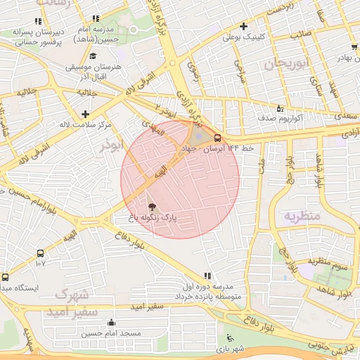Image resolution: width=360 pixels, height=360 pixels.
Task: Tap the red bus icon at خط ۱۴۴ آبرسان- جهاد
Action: [x=219, y=138]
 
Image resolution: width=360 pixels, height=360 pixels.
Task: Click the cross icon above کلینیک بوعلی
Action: [x=243, y=26]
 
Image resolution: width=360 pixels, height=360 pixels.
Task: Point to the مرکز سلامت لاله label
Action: [x=86, y=124]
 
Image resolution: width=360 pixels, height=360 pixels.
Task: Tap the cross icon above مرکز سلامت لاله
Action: [x=86, y=113]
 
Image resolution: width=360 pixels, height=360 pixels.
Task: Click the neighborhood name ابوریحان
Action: [x=286, y=65]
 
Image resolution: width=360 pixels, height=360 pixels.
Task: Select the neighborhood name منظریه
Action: [x=302, y=215]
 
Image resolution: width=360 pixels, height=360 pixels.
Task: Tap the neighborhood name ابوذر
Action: [x=111, y=143]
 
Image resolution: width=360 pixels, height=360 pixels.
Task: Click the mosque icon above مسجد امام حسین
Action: [x=110, y=323]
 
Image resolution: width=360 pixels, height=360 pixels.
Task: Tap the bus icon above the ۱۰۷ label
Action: [x=40, y=253]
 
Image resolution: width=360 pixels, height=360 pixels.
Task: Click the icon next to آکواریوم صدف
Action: [x=280, y=108]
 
